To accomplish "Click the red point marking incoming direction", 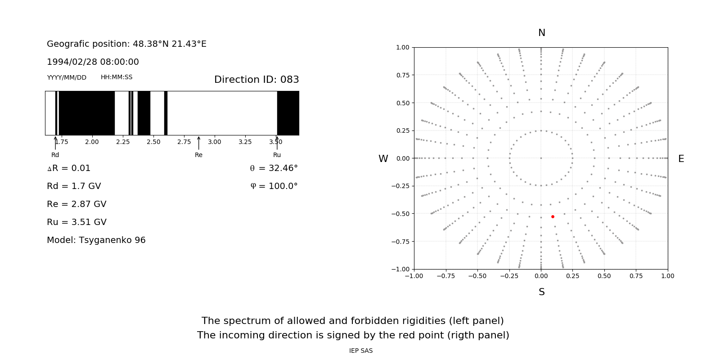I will coord(553,216).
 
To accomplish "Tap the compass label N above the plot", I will coord(541,33).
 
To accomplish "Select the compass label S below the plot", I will coord(541,292).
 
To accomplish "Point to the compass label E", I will coord(681,159).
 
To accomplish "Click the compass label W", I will coord(383,159).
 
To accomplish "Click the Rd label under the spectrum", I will coord(55,155).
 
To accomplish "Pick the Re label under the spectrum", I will coord(198,155).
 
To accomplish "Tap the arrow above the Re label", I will coord(198,143).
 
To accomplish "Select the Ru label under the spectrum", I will coord(277,155).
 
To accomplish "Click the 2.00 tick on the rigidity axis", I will coord(92,142).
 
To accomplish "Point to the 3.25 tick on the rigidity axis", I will coord(245,142).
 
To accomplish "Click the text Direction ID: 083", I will coord(256,80).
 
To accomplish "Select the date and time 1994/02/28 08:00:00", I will coord(93,62).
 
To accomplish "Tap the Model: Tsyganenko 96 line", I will coord(96,240).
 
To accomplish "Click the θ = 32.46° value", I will coord(274,168).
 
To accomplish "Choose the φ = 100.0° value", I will coord(274,186).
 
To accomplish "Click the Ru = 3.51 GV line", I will coord(76,222).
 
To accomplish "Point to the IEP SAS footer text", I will coord(361,351).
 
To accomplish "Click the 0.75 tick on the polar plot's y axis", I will coord(403,75).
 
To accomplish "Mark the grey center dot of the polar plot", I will coord(541,158).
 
